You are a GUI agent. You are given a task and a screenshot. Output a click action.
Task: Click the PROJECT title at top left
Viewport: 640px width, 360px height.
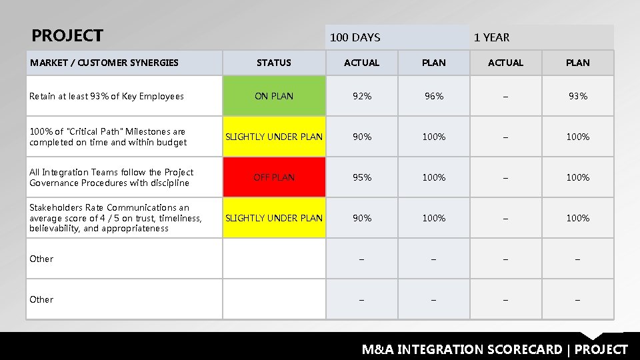click(67, 35)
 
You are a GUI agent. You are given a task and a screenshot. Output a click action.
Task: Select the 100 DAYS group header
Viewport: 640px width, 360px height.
click(355, 37)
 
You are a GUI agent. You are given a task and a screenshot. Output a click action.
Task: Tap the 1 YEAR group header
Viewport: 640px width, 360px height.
click(491, 37)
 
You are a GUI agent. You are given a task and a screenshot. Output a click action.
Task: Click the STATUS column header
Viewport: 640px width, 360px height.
click(274, 63)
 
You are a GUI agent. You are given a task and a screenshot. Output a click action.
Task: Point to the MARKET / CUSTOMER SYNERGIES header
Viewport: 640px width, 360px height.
click(104, 63)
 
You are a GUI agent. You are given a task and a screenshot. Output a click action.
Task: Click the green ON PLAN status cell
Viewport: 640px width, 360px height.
click(274, 96)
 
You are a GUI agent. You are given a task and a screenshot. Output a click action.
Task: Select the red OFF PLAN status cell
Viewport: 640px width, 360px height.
click(274, 177)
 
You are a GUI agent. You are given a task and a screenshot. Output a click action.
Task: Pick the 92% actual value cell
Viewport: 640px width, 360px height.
click(362, 96)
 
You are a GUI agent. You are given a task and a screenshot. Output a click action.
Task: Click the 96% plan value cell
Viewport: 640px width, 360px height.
click(434, 96)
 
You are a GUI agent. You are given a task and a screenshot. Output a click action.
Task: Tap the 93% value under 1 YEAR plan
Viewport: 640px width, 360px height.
click(577, 96)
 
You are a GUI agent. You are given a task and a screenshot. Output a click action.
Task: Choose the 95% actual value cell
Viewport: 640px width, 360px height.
click(362, 177)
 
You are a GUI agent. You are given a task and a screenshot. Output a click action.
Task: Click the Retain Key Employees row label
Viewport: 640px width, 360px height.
click(107, 96)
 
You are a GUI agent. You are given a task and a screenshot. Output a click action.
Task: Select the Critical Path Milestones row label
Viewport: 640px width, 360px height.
click(108, 137)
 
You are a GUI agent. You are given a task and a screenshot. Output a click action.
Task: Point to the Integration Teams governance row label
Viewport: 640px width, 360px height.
click(111, 177)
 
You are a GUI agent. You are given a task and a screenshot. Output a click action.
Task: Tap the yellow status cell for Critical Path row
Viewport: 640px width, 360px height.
click(274, 137)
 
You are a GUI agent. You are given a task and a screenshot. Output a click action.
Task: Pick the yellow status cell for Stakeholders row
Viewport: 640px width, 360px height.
click(274, 218)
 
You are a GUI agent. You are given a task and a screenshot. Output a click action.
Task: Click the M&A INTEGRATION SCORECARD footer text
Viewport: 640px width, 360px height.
click(495, 349)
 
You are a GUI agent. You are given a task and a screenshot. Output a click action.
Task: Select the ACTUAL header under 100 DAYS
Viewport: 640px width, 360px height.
click(361, 63)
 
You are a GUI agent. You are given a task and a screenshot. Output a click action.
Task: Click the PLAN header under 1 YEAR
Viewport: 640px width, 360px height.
click(577, 63)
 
